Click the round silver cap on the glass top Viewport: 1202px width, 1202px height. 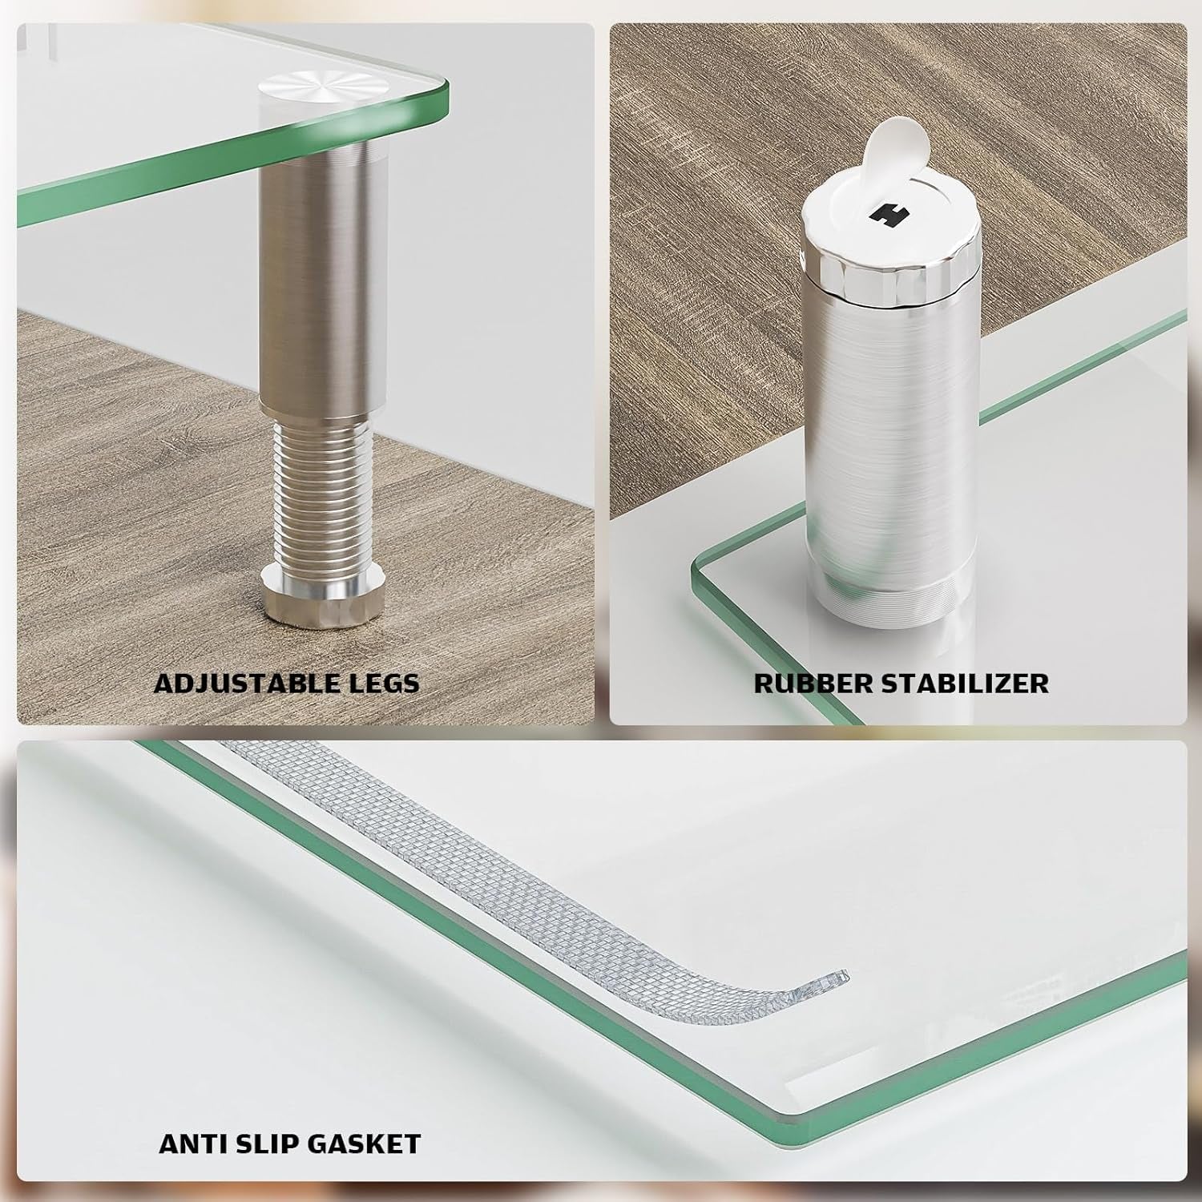(321, 84)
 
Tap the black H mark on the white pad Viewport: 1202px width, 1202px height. (885, 215)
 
